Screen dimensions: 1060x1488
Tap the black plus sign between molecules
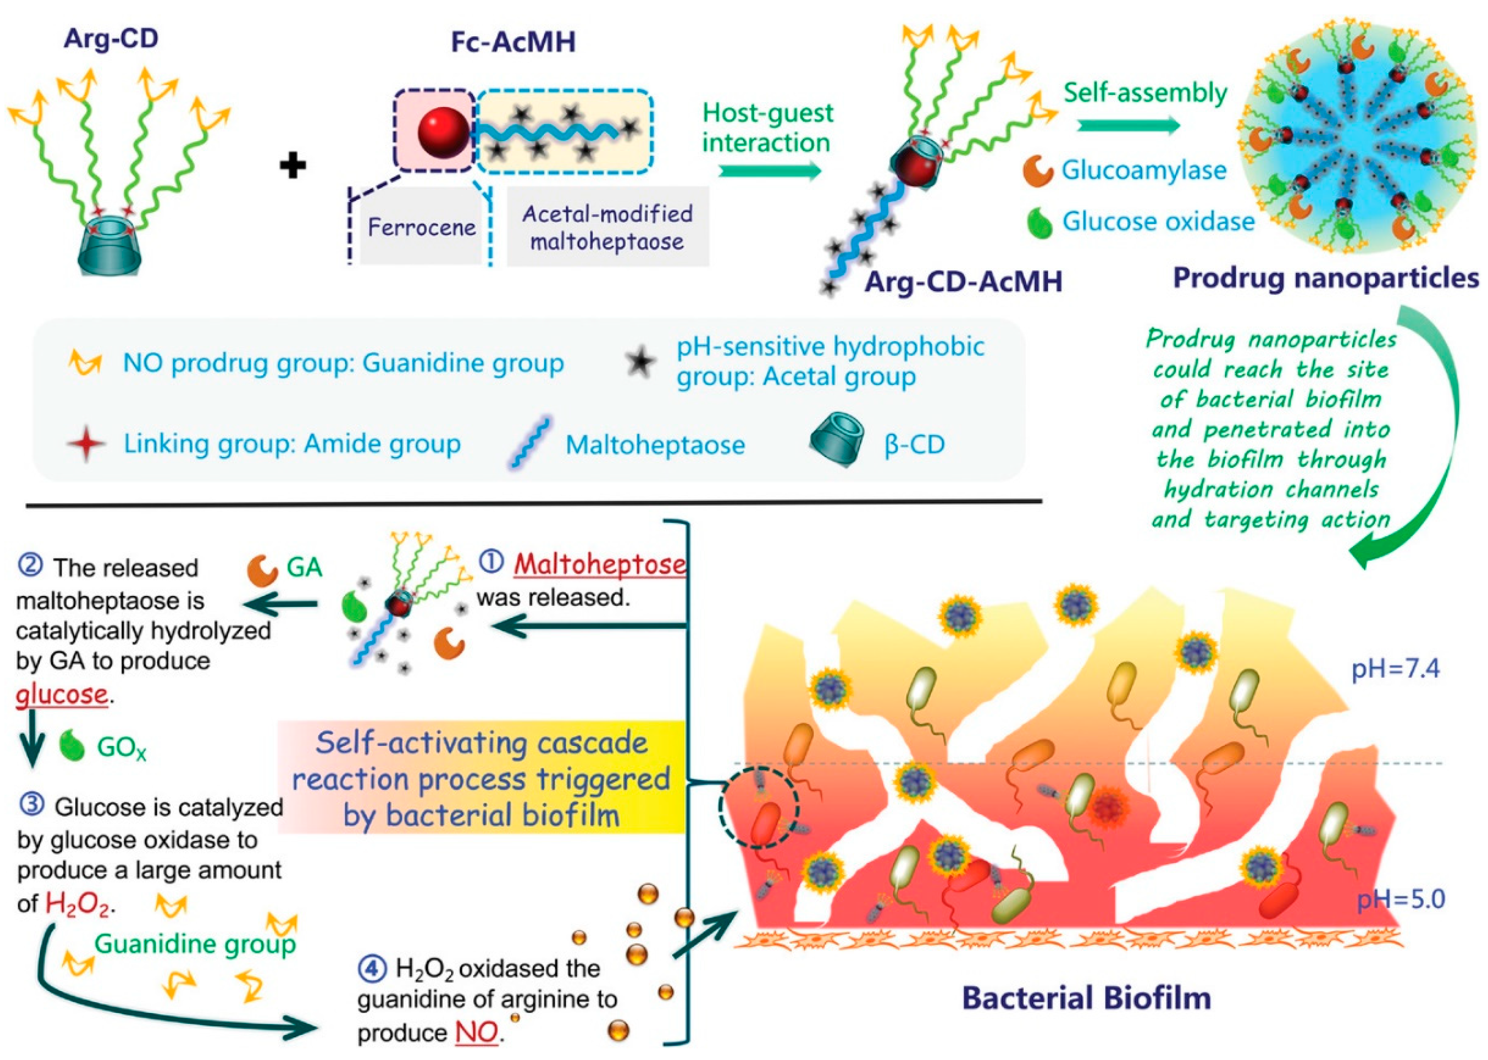(x=293, y=165)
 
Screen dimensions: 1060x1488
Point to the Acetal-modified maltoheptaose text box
(x=607, y=227)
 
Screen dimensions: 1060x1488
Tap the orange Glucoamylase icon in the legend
(x=1037, y=171)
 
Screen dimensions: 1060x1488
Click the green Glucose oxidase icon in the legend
(x=1039, y=223)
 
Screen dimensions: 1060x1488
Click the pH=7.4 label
(x=1395, y=669)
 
